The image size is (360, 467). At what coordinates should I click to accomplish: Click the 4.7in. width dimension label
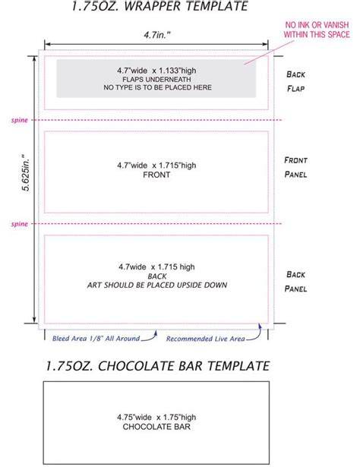[157, 35]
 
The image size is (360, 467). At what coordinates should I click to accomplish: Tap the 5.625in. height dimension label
[27, 172]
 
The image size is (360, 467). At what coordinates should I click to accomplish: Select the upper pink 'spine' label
[19, 120]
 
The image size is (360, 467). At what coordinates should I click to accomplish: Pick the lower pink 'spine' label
[19, 224]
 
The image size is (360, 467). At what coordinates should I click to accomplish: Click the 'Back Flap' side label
[295, 81]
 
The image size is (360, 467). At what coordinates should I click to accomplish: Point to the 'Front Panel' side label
[295, 167]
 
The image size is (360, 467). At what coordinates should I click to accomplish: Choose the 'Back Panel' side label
[295, 282]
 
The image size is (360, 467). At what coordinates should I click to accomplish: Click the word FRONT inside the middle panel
[156, 175]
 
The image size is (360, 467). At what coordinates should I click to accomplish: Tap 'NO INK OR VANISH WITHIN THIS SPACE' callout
[317, 30]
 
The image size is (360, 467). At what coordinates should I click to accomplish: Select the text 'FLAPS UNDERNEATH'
[156, 80]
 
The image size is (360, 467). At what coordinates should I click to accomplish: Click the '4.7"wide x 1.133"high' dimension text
[156, 71]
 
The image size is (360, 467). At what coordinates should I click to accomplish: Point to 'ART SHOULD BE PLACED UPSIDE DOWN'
[157, 285]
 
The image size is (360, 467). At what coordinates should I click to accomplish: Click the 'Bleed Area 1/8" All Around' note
[96, 339]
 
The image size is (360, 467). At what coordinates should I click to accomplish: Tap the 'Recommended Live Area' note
[206, 339]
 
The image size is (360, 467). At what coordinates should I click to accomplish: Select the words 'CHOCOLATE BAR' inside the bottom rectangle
[156, 427]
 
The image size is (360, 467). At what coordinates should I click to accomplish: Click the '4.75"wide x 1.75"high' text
[156, 417]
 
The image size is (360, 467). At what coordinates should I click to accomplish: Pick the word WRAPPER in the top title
[153, 6]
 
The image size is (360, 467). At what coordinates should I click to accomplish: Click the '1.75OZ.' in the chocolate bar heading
[69, 366]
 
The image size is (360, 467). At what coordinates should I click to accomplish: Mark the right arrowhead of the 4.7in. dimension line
[265, 44]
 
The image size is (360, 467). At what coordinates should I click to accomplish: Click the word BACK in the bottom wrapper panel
[157, 276]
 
